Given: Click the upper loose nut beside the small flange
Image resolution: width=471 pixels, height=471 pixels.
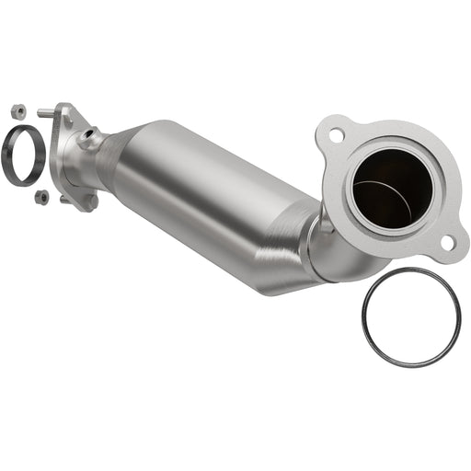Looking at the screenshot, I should click(17, 111).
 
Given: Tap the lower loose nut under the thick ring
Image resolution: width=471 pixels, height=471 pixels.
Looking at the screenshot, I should click(41, 196).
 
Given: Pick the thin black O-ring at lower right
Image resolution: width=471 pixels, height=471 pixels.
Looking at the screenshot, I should click(410, 316).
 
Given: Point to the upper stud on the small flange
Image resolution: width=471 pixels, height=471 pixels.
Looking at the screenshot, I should click(46, 113).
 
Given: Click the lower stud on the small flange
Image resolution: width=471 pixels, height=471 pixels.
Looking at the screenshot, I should click(65, 198).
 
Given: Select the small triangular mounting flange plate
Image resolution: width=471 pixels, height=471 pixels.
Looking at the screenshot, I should click(74, 156).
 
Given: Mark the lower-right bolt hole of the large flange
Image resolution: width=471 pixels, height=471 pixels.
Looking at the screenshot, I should click(446, 242).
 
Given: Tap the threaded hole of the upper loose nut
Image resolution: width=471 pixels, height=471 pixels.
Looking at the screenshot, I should click(17, 111).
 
